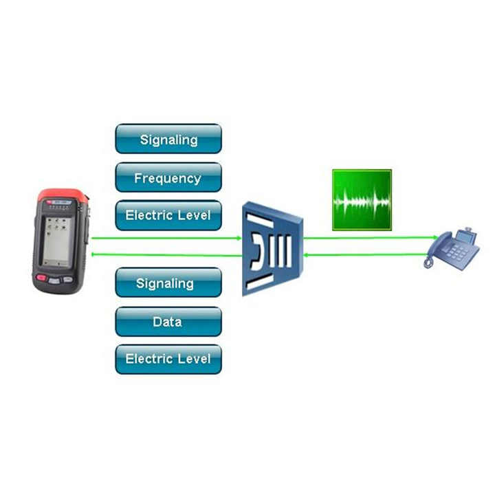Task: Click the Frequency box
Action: pos(168,177)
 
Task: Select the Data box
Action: pos(168,321)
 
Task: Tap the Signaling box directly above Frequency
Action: pos(168,139)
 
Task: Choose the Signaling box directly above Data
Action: pos(168,283)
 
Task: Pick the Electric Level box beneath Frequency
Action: pos(168,215)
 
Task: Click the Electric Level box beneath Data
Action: pos(168,359)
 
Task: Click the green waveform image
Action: pos(362,199)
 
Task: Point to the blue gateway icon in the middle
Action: pos(272,248)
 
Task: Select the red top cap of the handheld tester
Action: pos(63,196)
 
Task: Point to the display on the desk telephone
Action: pos(465,237)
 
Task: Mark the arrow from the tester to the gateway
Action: pos(165,239)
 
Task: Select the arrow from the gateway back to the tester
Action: pos(165,255)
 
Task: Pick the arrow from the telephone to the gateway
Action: pos(364,255)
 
